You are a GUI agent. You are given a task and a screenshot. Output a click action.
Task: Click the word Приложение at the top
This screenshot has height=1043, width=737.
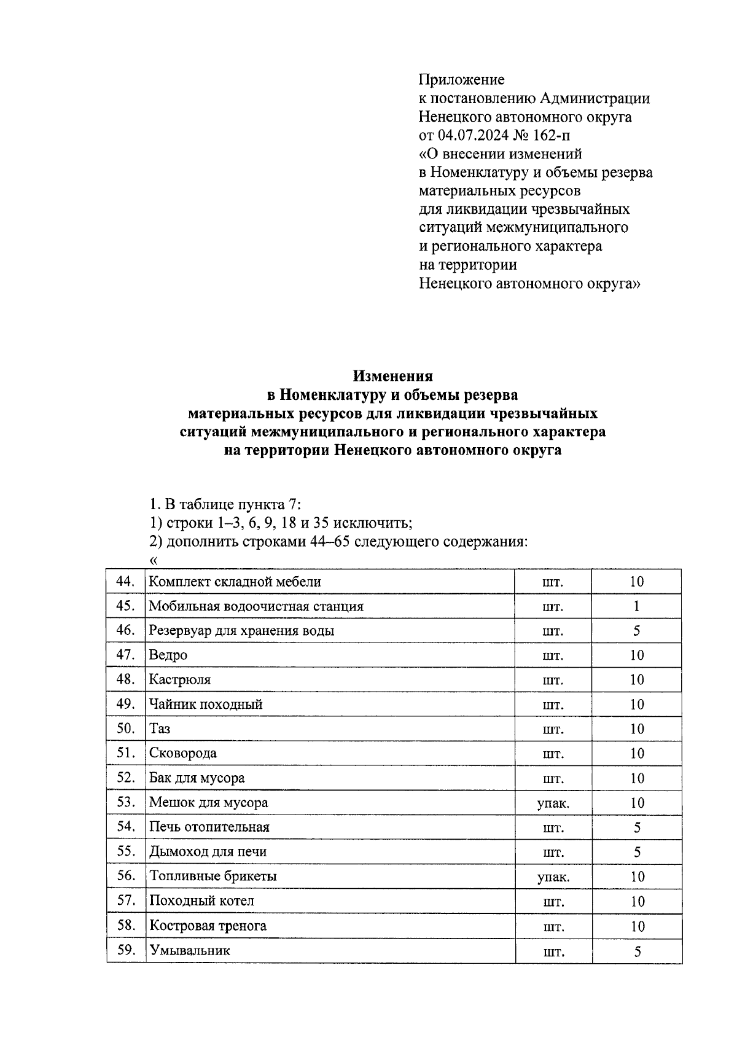point(461,80)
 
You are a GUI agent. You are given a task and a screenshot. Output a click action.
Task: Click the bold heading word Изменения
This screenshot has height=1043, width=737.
point(393,376)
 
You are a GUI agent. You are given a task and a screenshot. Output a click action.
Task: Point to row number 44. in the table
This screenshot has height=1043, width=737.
point(125,581)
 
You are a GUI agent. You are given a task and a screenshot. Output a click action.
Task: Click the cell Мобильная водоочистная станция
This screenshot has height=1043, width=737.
point(256,606)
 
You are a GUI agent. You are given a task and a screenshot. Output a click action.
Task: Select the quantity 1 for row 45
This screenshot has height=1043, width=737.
point(637,606)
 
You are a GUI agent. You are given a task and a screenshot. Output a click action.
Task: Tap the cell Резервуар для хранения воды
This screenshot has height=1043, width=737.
point(241,631)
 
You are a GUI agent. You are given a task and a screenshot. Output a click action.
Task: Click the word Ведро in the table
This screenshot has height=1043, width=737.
point(168,655)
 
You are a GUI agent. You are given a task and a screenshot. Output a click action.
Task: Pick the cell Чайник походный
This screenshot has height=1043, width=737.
point(206,705)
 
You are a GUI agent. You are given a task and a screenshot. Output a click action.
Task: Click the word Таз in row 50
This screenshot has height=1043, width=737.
point(160,729)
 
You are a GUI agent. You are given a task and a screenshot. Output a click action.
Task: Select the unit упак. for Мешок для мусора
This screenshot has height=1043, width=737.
point(553,803)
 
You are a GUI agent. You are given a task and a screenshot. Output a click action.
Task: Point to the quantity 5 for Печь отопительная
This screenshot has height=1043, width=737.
point(637,828)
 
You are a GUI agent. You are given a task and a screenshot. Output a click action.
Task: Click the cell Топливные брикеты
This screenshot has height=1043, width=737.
point(213,877)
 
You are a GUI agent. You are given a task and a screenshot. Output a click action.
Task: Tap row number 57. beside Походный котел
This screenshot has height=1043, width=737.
point(125,900)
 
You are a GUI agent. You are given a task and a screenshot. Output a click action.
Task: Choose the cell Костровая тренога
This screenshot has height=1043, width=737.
point(208,926)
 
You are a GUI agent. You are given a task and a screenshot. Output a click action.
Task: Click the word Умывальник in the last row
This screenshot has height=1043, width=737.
point(190,951)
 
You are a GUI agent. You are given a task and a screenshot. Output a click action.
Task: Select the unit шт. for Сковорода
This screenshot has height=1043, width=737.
point(553,754)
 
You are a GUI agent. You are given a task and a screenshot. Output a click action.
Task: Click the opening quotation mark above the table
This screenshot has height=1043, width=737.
point(153,560)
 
